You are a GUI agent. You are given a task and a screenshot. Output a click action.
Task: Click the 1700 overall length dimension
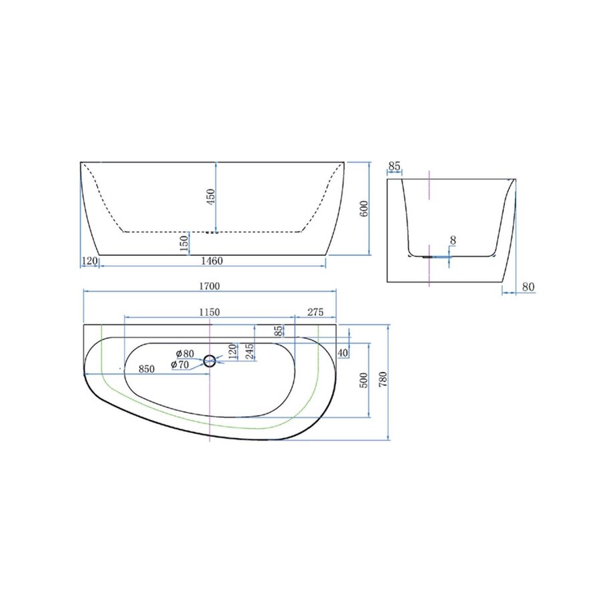[210, 286]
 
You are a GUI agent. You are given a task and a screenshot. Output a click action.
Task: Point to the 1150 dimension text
[208, 312]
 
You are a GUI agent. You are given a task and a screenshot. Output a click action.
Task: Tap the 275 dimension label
[315, 312]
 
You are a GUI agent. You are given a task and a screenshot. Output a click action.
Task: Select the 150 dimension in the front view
[184, 243]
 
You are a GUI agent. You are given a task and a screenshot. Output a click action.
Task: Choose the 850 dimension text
[147, 369]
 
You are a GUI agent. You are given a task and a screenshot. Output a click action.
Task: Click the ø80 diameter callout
[185, 353]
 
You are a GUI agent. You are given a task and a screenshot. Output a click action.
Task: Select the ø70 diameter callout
[180, 365]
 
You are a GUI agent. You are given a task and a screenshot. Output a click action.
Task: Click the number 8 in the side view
[453, 240]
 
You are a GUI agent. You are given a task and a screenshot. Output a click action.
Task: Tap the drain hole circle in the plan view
[210, 361]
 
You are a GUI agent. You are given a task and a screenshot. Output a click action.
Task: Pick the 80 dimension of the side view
[528, 287]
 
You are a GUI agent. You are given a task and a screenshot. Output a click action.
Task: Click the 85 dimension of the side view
[394, 166]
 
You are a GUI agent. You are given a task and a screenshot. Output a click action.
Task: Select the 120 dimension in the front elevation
[89, 260]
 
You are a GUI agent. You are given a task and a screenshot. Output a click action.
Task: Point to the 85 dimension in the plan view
[279, 331]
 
